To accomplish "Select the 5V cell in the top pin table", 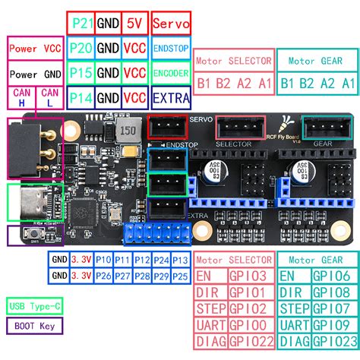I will [134, 23].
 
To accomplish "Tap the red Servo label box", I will [171, 23].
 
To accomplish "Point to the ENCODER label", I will [171, 73].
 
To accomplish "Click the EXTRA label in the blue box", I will [171, 97].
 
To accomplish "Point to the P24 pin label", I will [161, 259].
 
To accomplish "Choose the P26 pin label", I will [103, 274].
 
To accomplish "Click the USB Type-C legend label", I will [34, 307].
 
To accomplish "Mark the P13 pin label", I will [180, 259].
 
